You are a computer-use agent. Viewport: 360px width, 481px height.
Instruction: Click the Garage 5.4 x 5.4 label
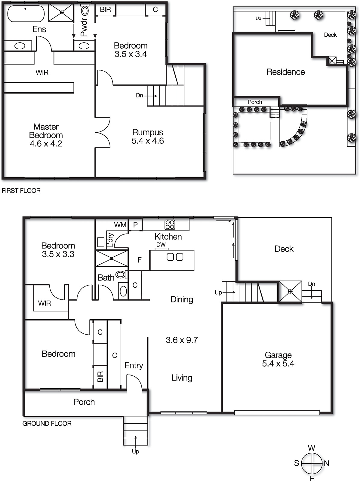click(x=278, y=360)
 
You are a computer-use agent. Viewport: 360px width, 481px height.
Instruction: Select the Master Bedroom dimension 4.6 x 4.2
click(x=46, y=144)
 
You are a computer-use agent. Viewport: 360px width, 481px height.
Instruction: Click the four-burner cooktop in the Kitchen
click(x=170, y=225)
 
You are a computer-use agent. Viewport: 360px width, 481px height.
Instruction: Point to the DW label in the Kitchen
click(x=161, y=245)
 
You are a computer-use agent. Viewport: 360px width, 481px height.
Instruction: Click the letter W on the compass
click(x=312, y=448)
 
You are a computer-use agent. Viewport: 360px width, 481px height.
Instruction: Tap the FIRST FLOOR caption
click(x=21, y=191)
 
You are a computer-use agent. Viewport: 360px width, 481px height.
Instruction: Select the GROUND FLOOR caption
click(x=47, y=424)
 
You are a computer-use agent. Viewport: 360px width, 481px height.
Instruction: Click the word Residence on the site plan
click(x=285, y=72)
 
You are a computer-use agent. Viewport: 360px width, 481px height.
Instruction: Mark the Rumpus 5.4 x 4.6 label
click(x=148, y=136)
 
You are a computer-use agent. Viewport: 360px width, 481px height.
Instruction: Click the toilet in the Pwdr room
click(x=85, y=11)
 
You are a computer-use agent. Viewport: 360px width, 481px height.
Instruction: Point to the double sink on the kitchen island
click(x=175, y=257)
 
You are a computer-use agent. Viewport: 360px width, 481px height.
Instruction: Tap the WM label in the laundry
click(x=120, y=225)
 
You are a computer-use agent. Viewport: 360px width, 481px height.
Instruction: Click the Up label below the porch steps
click(x=135, y=452)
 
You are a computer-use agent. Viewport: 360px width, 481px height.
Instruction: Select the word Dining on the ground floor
click(x=182, y=299)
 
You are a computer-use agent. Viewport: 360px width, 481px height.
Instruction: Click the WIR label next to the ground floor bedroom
click(x=44, y=303)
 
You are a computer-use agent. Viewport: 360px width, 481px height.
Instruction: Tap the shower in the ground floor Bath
click(x=111, y=258)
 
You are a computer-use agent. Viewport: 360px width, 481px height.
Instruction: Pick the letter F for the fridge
click(x=139, y=260)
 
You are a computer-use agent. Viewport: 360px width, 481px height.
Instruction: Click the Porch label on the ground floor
click(x=84, y=402)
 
